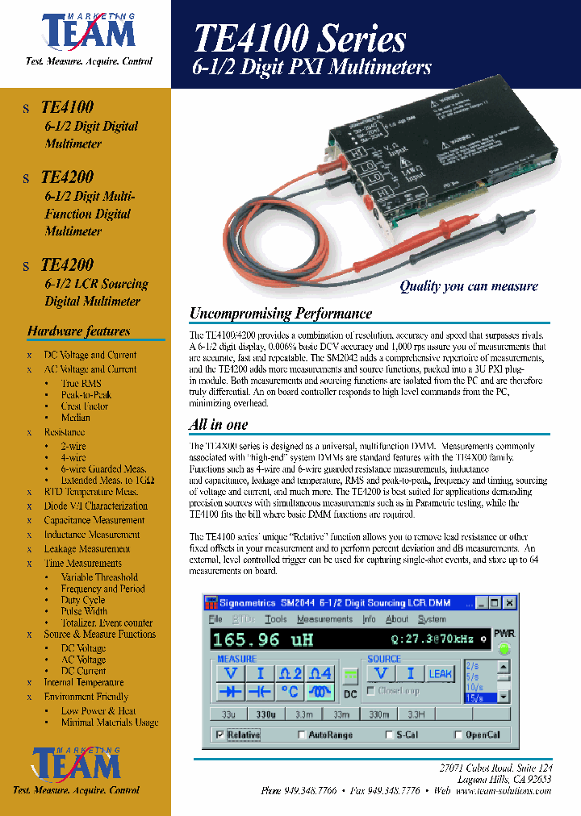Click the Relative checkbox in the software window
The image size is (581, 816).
[x=220, y=735]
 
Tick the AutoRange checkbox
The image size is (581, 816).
[x=302, y=735]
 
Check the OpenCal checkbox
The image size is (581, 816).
[x=458, y=735]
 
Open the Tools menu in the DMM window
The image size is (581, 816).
[x=275, y=619]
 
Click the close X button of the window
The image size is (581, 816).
[x=509, y=602]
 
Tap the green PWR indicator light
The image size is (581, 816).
[x=504, y=649]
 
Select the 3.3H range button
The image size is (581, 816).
[x=416, y=714]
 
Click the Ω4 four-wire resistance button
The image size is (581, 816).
[x=320, y=673]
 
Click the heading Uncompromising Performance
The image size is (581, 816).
[x=280, y=314]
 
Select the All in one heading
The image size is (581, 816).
[x=218, y=425]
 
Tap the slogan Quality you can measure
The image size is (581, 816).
[x=468, y=286]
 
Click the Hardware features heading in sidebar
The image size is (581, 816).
[x=78, y=331]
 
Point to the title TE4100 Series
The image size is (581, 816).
[x=299, y=39]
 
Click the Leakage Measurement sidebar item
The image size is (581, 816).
[x=87, y=549]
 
